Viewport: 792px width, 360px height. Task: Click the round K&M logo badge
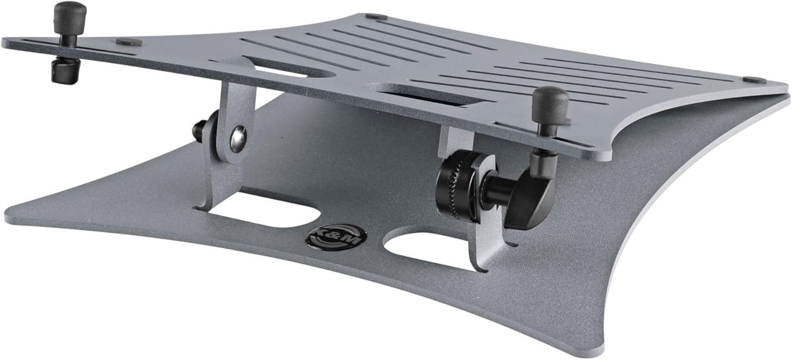[x=336, y=236]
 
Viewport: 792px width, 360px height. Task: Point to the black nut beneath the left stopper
[x=65, y=71]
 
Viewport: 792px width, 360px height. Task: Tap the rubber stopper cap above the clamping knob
[x=550, y=102]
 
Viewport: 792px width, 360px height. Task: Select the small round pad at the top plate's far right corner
[x=753, y=80]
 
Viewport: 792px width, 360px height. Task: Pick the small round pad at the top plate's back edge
[x=376, y=17]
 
